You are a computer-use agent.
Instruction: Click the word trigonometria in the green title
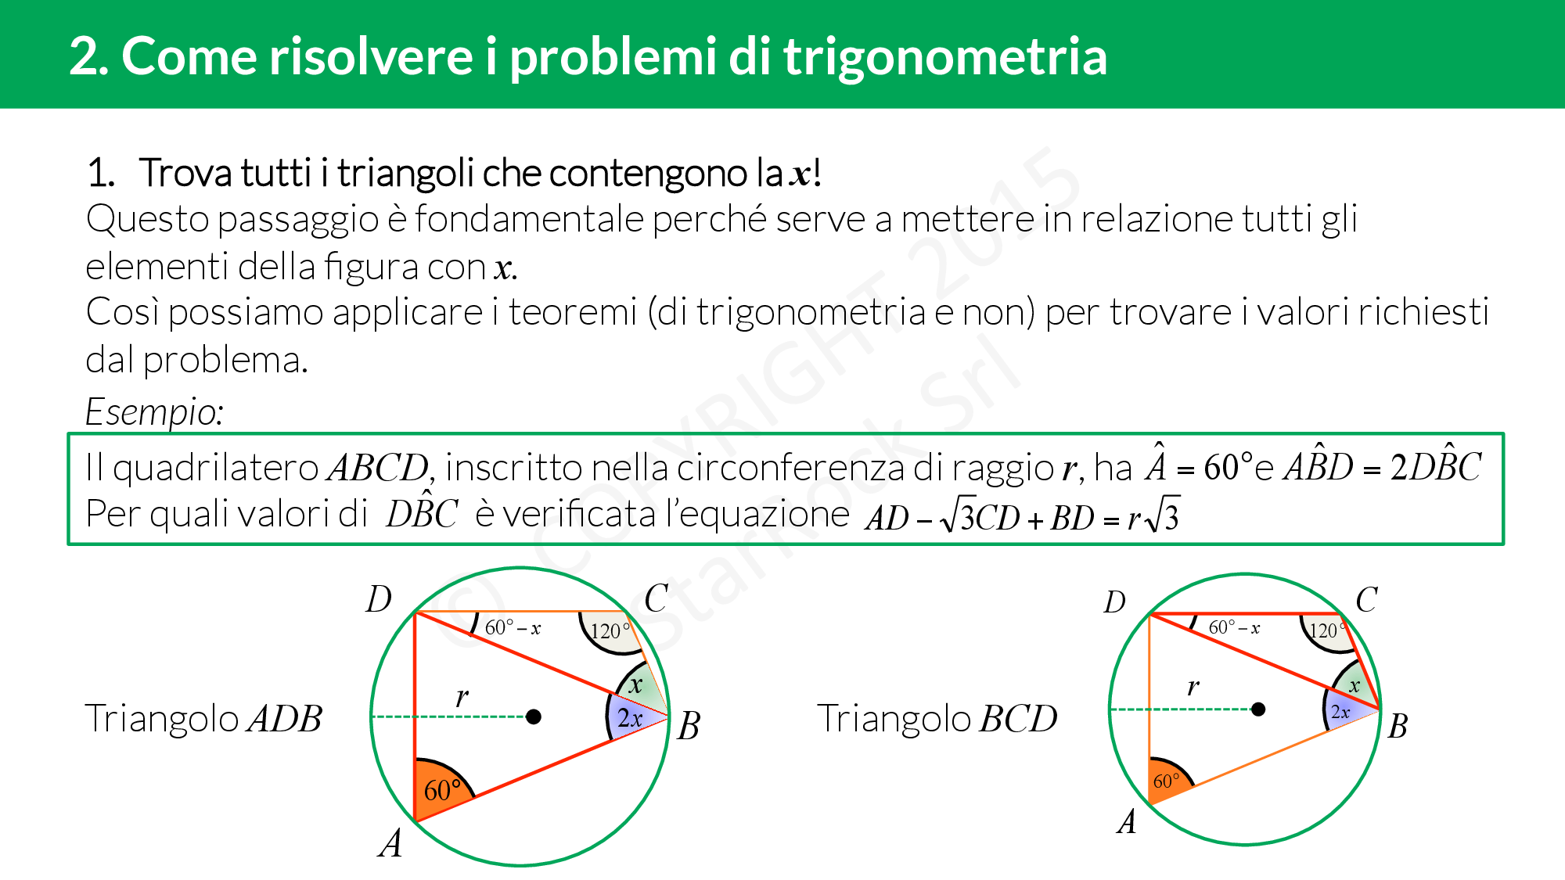(945, 58)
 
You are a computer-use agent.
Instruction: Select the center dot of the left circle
(534, 717)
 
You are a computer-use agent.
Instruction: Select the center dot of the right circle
(1258, 709)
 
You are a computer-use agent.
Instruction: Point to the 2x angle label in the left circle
(630, 718)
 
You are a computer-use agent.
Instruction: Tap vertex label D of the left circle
(379, 600)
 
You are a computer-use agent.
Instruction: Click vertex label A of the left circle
(390, 844)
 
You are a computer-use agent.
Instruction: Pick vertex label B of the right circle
(1398, 727)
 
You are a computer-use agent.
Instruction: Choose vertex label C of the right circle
(1366, 601)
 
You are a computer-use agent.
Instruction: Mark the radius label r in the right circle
(1193, 688)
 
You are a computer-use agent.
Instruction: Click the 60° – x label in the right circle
(1234, 627)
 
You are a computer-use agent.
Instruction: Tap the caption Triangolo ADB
(203, 719)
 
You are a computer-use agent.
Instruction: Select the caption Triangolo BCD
(937, 719)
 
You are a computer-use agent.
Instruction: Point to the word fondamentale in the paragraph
(531, 219)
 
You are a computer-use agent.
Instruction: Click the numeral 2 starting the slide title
(84, 57)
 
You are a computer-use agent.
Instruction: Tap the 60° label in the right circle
(1166, 781)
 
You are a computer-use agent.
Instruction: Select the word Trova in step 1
(185, 173)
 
